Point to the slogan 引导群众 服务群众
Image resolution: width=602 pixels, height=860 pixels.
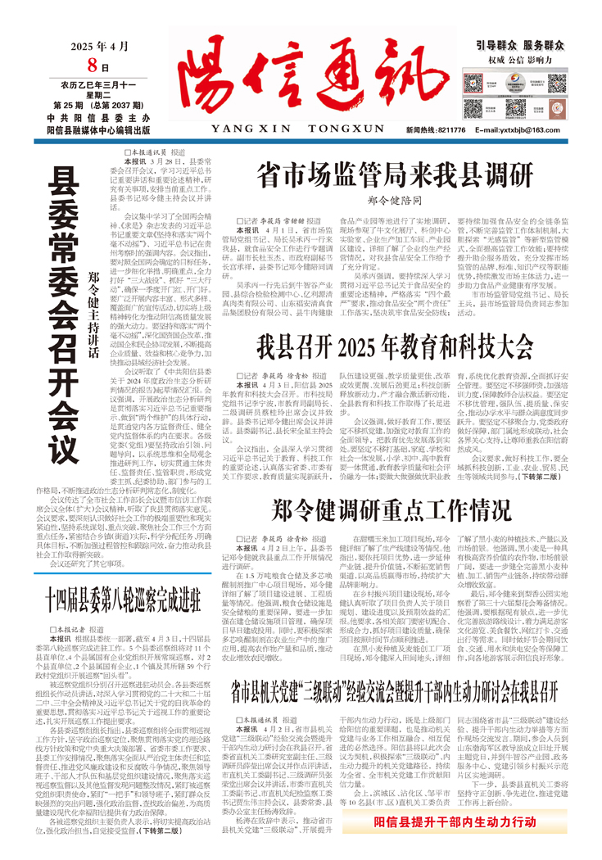click(x=521, y=47)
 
